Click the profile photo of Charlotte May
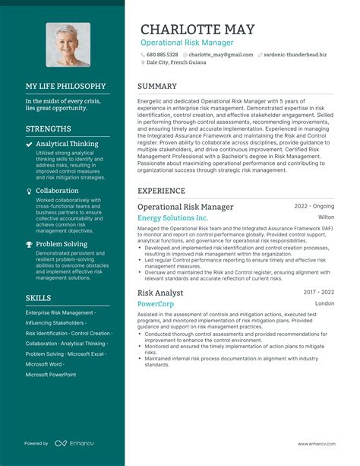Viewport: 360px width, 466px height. click(x=68, y=45)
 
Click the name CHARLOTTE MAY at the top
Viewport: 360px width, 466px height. click(x=197, y=29)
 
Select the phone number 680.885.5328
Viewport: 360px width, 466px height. click(x=162, y=55)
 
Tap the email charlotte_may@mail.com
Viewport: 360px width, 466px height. click(x=221, y=55)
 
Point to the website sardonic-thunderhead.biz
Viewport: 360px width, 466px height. click(x=295, y=55)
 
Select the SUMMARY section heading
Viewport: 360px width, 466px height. click(x=157, y=87)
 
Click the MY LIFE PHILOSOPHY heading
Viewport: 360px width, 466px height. click(x=65, y=87)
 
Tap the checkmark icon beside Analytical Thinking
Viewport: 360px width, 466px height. click(x=29, y=143)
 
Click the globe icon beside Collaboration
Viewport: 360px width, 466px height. click(x=29, y=191)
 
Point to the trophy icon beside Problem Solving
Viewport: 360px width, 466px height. click(x=29, y=244)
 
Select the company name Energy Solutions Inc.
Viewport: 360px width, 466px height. click(x=172, y=218)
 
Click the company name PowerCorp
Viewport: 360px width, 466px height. click(x=155, y=303)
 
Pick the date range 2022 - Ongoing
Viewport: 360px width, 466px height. click(x=314, y=206)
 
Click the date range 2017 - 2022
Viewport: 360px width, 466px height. click(x=319, y=292)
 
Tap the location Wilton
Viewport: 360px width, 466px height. click(x=325, y=217)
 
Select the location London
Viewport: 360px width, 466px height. click(x=324, y=303)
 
